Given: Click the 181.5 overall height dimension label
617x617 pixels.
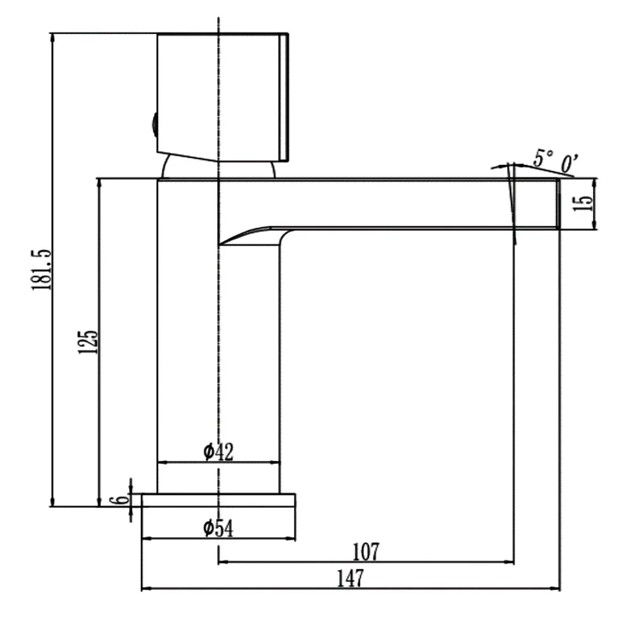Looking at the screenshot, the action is (x=41, y=270).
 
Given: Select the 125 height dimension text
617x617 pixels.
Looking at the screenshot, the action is (x=88, y=342).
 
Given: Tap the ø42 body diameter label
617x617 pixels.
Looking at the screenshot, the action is (x=218, y=452).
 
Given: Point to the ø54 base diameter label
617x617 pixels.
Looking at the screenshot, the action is (x=218, y=528).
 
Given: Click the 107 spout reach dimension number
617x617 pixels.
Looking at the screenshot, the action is (x=366, y=552).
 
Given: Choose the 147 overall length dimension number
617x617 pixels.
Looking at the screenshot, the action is (x=350, y=579).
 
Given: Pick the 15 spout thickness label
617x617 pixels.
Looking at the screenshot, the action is (x=583, y=203).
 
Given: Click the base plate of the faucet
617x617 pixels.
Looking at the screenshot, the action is (x=218, y=500).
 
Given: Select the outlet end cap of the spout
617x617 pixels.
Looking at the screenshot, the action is (x=558, y=204).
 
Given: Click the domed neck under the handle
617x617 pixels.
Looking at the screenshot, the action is (x=218, y=167).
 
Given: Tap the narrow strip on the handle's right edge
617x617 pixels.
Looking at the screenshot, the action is (x=284, y=97).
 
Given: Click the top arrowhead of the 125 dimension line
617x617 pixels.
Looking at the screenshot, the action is (x=99, y=184).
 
